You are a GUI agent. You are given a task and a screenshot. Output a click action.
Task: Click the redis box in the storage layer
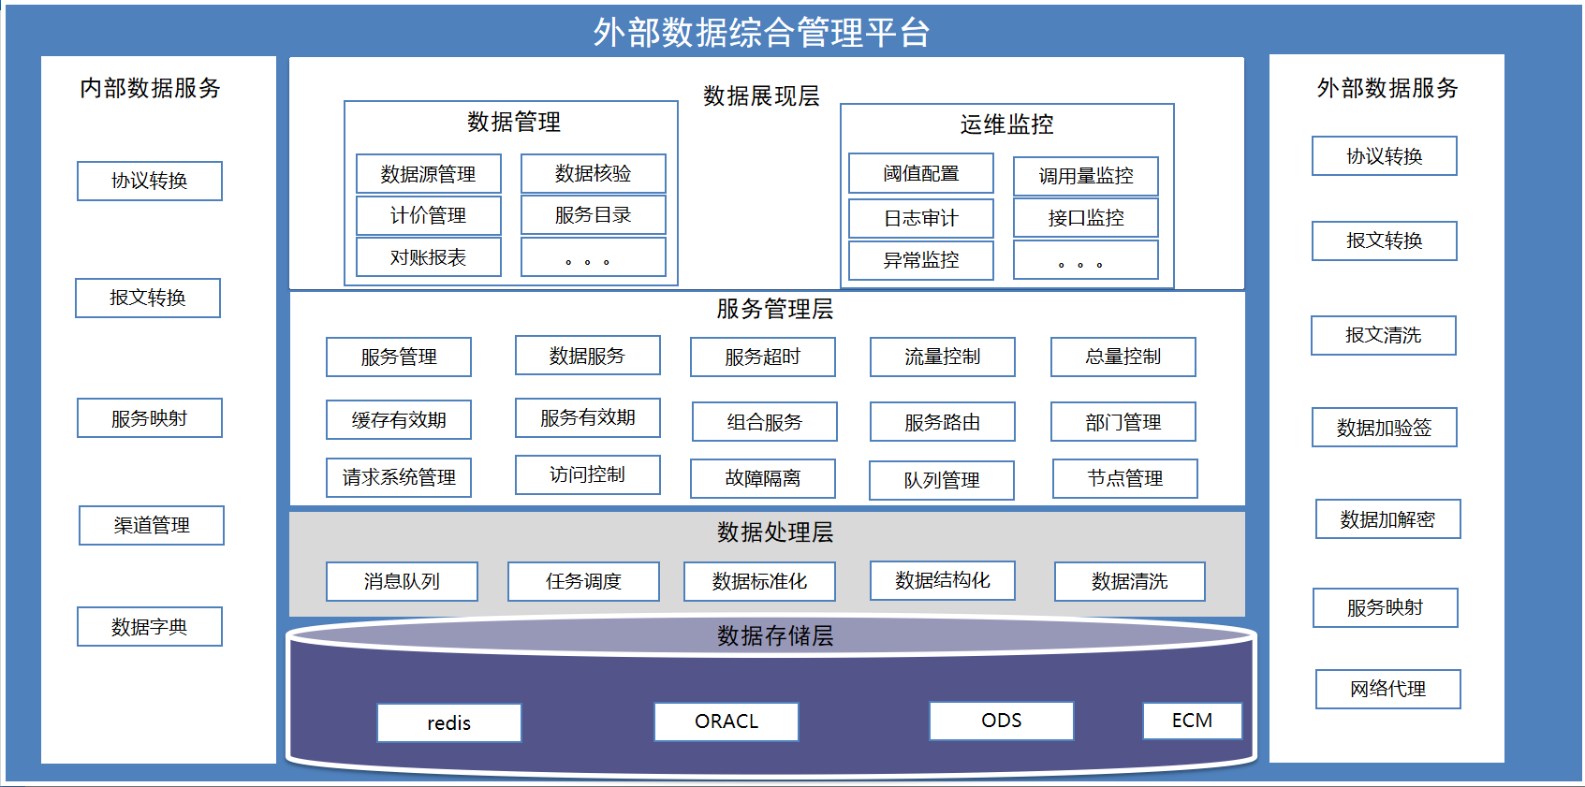449,721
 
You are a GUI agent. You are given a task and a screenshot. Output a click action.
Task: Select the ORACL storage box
726,721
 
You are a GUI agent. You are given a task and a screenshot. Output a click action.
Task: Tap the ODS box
1001,721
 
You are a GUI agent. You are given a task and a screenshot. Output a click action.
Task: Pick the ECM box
1193,721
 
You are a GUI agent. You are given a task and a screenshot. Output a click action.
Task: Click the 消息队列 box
402,581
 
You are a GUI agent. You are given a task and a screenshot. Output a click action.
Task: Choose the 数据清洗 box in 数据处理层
1129,581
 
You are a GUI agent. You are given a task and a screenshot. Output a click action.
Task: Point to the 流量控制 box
943,357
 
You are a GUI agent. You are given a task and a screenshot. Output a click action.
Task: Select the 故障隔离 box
763,479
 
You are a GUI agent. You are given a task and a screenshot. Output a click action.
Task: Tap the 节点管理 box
1125,479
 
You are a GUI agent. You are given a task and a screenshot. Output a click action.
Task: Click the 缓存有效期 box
399,420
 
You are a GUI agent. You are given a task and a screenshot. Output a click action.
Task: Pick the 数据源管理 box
428,174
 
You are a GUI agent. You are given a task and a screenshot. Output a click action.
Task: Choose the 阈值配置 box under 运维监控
920,173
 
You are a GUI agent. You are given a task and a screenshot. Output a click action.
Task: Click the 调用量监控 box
1085,176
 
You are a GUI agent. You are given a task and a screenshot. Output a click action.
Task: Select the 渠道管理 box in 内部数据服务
152,525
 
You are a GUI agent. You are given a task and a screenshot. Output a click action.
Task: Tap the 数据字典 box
149,626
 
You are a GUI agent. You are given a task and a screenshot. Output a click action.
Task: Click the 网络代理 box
1387,689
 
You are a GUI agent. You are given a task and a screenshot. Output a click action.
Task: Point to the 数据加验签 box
1384,427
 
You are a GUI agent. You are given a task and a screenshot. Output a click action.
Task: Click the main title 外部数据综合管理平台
761,33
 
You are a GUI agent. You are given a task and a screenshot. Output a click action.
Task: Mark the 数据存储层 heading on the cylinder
775,635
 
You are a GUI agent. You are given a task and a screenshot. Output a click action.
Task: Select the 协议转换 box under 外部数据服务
1384,155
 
